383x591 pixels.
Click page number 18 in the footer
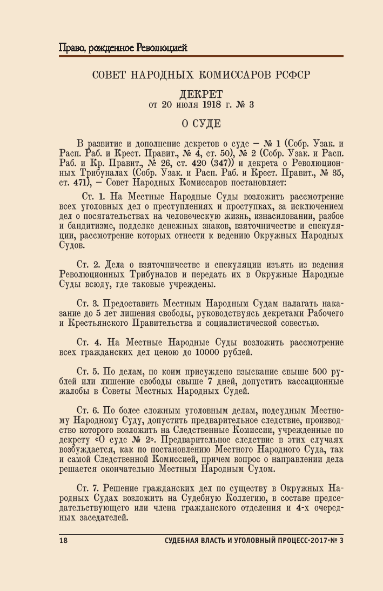coord(62,542)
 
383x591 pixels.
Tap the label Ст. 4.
coord(89,342)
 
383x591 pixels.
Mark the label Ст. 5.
coord(89,372)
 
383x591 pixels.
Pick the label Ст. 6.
coord(89,411)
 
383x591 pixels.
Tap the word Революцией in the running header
coord(161,48)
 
